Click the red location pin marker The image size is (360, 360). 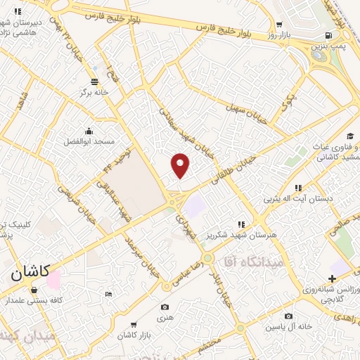[x=181, y=165]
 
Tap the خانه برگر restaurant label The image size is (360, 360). [x=96, y=91]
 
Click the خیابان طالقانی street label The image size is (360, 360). [x=231, y=170]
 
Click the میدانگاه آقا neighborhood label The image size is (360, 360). [x=250, y=261]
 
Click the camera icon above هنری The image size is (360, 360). [x=165, y=307]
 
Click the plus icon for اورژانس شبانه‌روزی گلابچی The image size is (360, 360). [x=332, y=279]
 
